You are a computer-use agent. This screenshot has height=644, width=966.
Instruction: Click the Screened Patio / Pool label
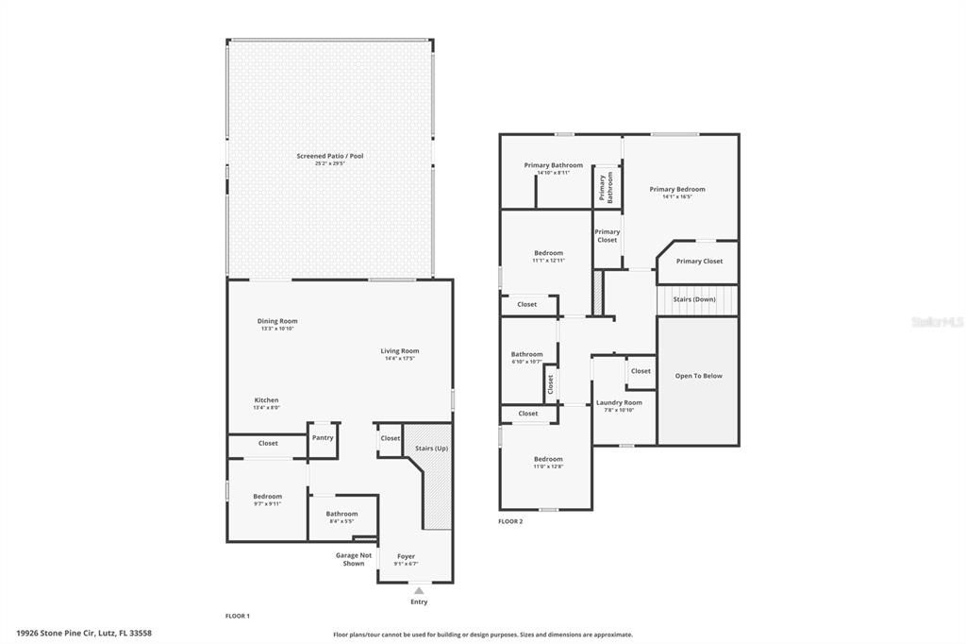tap(330, 156)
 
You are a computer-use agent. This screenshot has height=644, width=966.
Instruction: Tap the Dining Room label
tap(277, 321)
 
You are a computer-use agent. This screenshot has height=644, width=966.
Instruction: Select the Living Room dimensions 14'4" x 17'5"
tap(400, 359)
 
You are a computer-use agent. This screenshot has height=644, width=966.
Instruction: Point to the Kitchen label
tap(266, 400)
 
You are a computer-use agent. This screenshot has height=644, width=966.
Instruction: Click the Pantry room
tap(323, 438)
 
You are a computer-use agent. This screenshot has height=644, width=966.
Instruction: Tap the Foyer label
tap(406, 556)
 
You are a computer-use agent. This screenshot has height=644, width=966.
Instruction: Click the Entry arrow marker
tap(419, 590)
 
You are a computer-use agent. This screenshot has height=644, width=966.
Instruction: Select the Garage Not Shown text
tap(354, 559)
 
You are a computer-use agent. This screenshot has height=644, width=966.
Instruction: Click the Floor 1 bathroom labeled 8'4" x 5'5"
tap(342, 517)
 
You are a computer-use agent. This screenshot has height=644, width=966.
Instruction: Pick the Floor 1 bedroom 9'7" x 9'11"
tap(267, 500)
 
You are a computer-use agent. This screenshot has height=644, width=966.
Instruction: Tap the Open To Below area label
tap(698, 376)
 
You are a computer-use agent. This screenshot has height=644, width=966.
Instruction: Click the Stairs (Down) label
tap(693, 299)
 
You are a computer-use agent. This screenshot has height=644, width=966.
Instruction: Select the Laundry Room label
tap(619, 403)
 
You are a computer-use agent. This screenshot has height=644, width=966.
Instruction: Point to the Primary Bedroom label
tap(677, 189)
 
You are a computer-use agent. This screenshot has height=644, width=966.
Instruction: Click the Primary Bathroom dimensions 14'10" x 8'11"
tap(553, 173)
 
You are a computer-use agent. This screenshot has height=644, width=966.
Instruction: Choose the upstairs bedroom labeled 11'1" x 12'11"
tap(548, 256)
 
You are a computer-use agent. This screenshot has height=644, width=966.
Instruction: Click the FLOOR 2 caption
tap(510, 521)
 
